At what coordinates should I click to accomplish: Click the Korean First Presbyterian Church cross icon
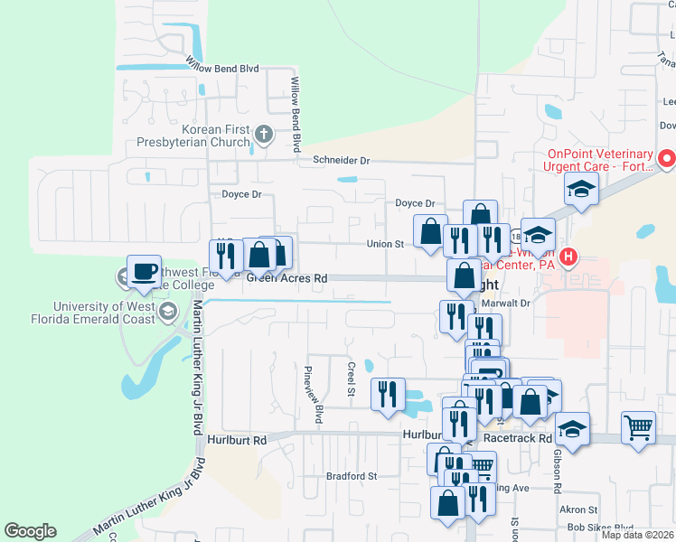264,135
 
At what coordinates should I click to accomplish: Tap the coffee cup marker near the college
145,271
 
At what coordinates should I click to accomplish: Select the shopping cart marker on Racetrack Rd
638,426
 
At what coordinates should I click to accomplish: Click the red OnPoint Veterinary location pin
667,159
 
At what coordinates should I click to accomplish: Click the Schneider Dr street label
342,160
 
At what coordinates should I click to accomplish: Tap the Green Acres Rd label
286,279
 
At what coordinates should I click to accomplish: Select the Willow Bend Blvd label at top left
222,68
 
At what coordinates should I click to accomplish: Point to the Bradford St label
351,475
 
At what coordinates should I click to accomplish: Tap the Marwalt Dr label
535,304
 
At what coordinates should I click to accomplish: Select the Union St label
384,244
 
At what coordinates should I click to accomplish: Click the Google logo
30,531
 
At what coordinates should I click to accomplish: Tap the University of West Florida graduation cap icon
167,312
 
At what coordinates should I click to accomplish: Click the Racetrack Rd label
517,437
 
